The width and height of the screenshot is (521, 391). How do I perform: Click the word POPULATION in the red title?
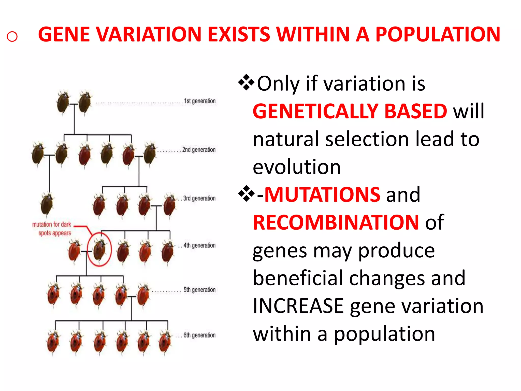pyautogui.click(x=438, y=34)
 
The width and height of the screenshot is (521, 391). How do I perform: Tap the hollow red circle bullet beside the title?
pyautogui.click(x=12, y=36)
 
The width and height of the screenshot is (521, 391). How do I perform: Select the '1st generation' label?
pyautogui.click(x=200, y=101)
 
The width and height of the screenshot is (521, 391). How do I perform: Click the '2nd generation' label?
pyautogui.click(x=199, y=150)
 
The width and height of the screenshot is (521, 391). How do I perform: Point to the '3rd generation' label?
pyautogui.click(x=199, y=198)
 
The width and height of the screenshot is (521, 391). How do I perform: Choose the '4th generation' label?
pyautogui.click(x=199, y=245)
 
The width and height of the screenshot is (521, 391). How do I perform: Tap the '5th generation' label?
pyautogui.click(x=199, y=290)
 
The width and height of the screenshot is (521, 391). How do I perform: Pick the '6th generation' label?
pyautogui.click(x=199, y=335)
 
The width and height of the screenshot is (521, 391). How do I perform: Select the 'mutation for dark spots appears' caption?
pyautogui.click(x=52, y=229)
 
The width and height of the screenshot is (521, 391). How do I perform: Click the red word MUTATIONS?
pyautogui.click(x=322, y=195)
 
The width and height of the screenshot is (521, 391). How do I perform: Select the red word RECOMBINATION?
pyautogui.click(x=336, y=222)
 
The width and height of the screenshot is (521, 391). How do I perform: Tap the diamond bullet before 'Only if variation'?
pyautogui.click(x=246, y=82)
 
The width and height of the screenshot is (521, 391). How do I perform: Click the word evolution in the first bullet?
pyautogui.click(x=296, y=167)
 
